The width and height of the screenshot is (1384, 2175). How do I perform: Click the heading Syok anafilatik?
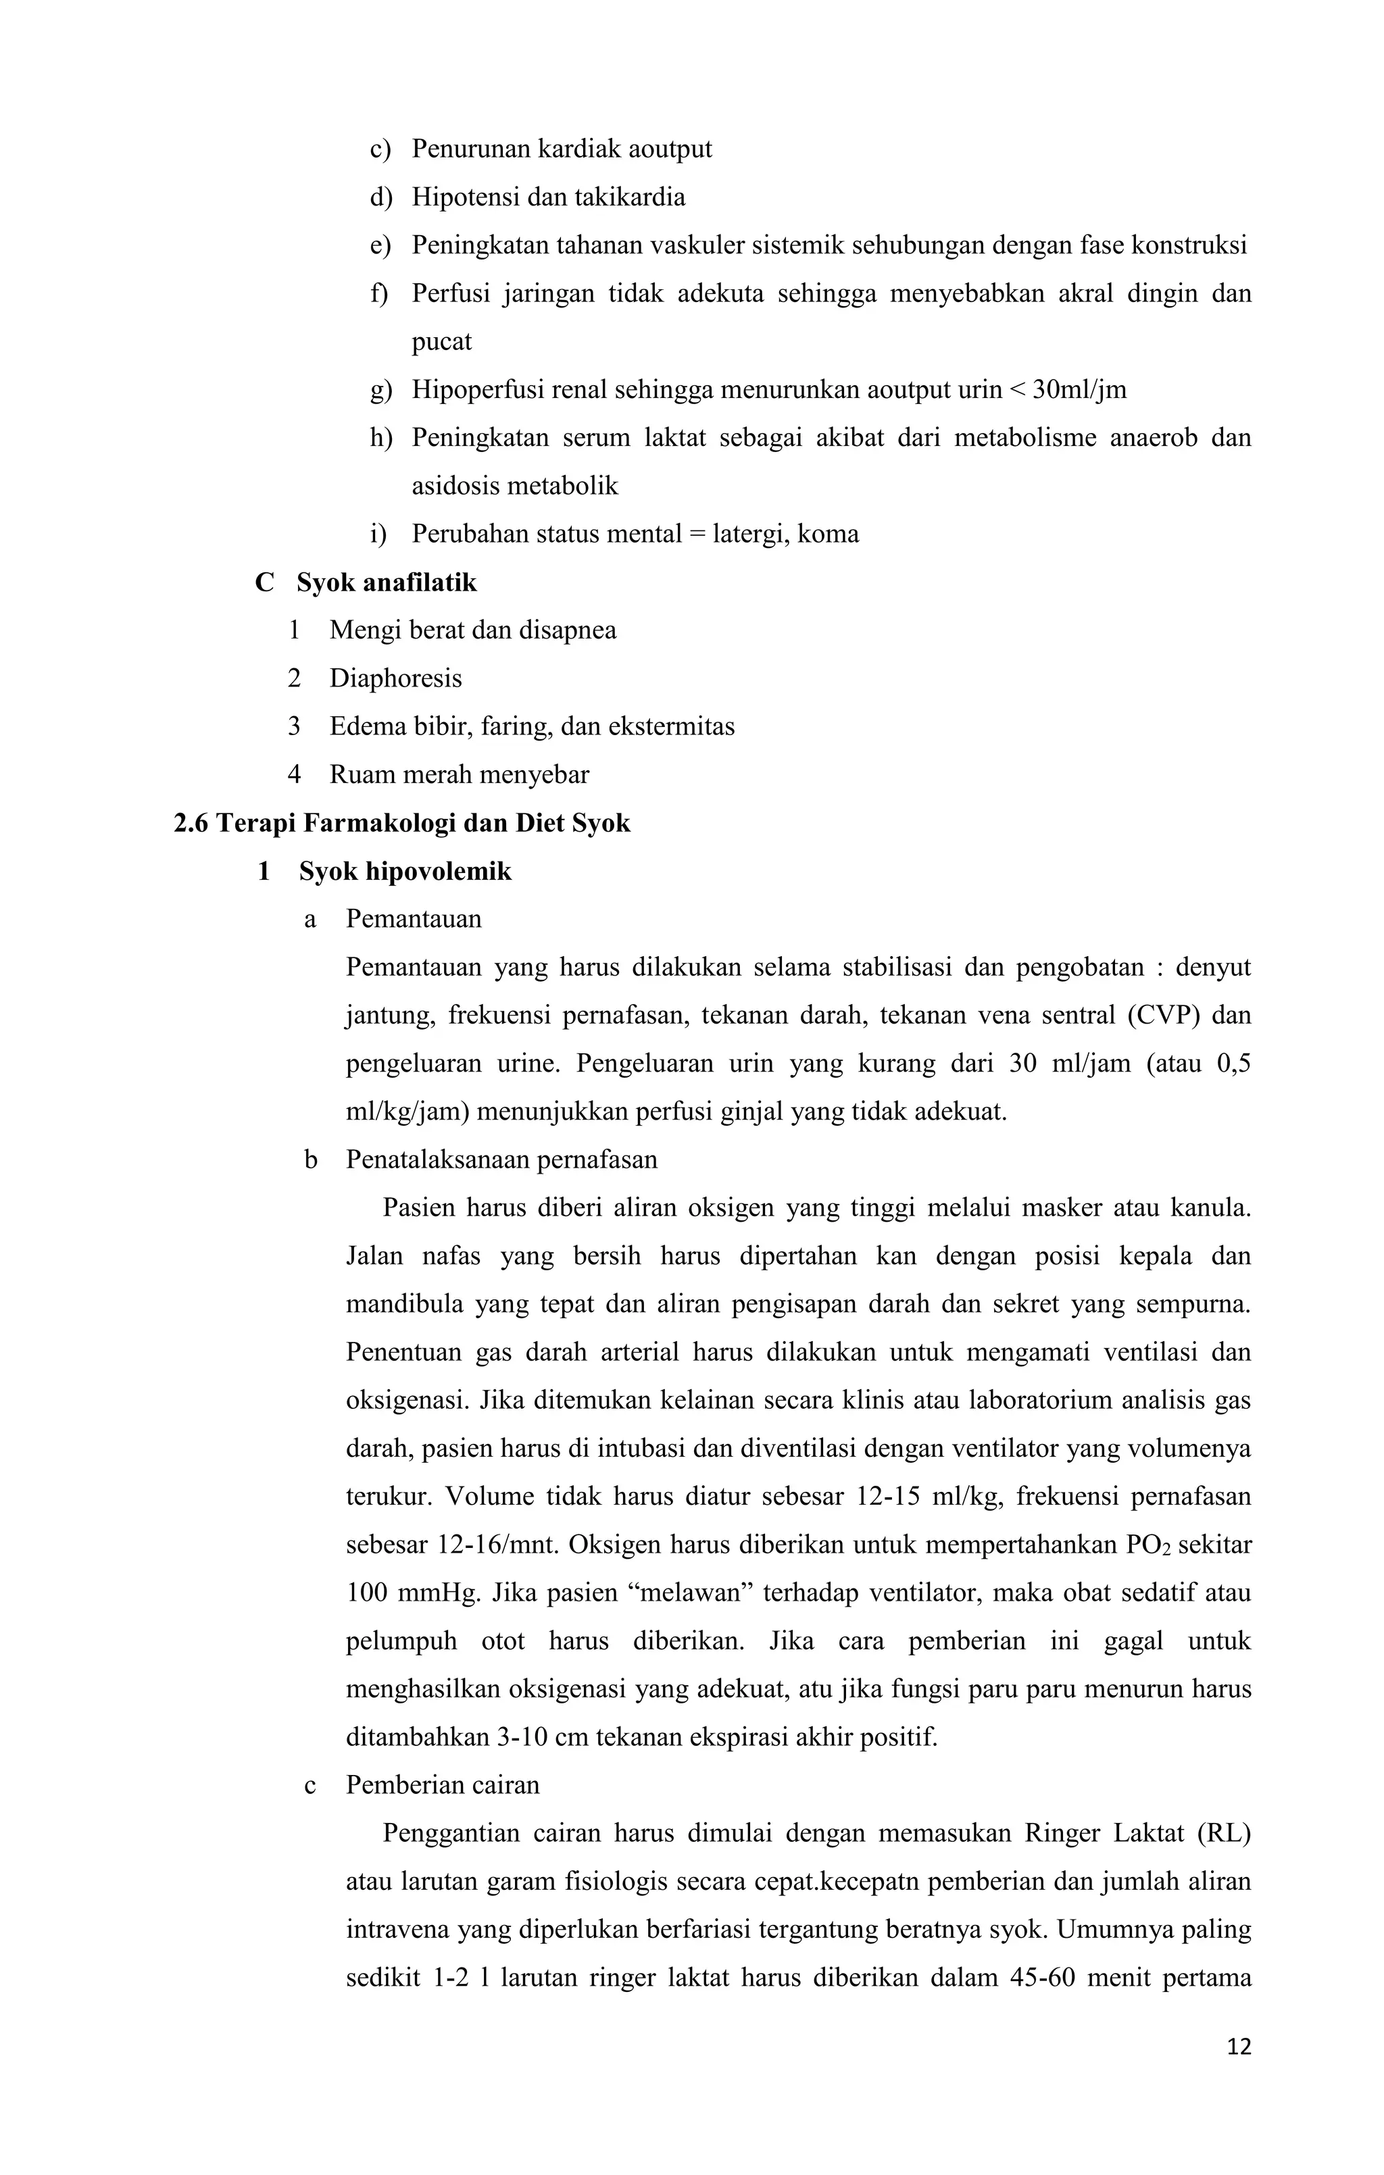[387, 582]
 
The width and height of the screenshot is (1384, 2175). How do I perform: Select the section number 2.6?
[191, 823]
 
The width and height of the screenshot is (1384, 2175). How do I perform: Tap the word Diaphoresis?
[396, 678]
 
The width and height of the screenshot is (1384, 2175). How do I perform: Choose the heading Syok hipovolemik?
[405, 872]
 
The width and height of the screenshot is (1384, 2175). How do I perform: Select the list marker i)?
[378, 534]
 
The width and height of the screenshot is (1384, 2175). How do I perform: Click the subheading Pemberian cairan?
[443, 1785]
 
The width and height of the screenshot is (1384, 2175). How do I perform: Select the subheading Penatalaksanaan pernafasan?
[501, 1159]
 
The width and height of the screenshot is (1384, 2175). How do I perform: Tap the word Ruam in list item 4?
[354, 775]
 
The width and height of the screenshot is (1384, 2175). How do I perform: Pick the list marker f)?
[378, 293]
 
